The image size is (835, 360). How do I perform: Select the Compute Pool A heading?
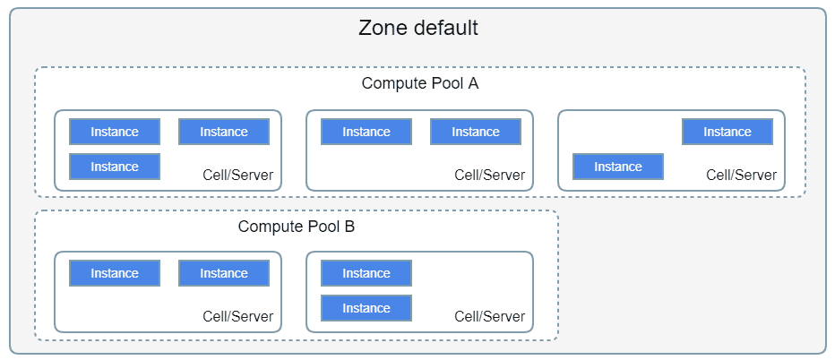[x=420, y=83]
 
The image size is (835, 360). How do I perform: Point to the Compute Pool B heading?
[x=296, y=227]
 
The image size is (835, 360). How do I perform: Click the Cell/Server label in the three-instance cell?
[x=238, y=175]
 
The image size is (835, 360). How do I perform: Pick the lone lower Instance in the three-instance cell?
[x=115, y=167]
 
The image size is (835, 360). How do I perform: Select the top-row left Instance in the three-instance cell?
[x=115, y=132]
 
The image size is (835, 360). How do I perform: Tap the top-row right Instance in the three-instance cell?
[x=224, y=132]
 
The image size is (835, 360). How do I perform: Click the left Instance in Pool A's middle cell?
[x=366, y=132]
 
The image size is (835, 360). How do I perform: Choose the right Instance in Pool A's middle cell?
[x=476, y=132]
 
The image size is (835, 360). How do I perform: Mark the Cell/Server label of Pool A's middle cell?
[x=490, y=175]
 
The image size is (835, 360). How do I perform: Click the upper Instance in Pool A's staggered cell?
[x=727, y=132]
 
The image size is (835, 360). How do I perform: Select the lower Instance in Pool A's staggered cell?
[x=618, y=167]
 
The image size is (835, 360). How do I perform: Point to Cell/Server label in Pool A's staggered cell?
[x=742, y=175]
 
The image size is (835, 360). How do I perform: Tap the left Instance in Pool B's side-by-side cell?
[x=115, y=273]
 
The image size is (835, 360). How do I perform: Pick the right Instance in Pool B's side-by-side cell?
[x=224, y=273]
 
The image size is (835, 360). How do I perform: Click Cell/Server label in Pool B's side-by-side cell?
[x=238, y=316]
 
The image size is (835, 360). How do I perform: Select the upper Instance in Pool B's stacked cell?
[x=366, y=273]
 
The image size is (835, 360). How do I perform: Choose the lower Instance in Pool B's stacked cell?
[x=366, y=308]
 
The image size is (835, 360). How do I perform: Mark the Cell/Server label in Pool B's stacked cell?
[x=490, y=316]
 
